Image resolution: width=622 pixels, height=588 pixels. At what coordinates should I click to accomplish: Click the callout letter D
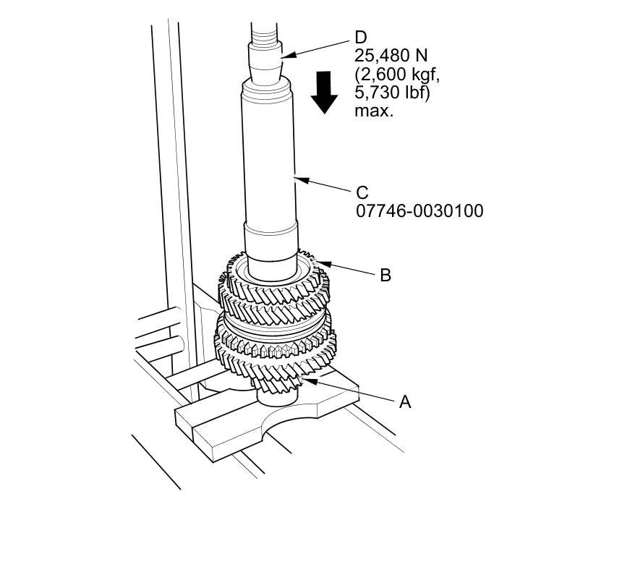(x=360, y=37)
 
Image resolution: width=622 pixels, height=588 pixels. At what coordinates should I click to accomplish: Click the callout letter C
(x=362, y=193)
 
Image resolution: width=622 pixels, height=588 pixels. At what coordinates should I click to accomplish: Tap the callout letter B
(x=385, y=275)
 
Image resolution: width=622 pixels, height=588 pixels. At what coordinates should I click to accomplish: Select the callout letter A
(x=405, y=401)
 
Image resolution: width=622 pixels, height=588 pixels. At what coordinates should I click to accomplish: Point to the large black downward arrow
(x=324, y=92)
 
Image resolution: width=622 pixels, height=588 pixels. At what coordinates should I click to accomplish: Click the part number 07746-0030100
(x=419, y=211)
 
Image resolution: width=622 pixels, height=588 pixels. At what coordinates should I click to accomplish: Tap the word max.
(x=373, y=111)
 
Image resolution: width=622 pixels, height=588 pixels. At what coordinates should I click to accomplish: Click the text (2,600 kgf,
(x=396, y=74)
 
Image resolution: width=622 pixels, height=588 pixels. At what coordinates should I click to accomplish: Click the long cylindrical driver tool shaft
(x=269, y=159)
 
